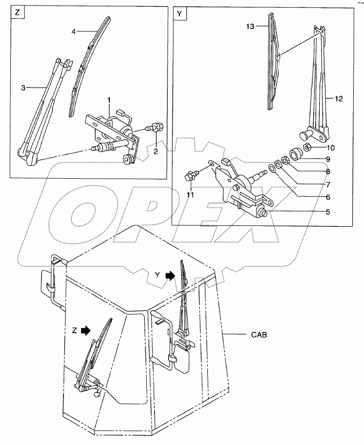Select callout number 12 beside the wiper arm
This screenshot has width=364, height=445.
tap(338, 98)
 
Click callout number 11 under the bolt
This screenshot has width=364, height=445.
tap(190, 195)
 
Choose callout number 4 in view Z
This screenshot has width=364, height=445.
tap(73, 32)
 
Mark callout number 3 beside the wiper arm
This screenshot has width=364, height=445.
tap(23, 88)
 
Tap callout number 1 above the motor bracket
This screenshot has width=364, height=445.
tap(109, 100)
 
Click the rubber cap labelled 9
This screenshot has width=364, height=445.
tap(296, 153)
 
